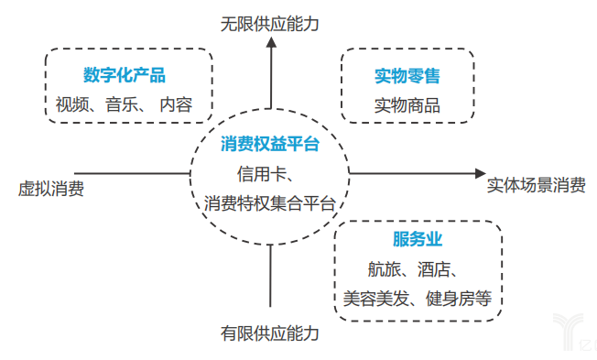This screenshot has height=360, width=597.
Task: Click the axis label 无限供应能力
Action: (x=270, y=24)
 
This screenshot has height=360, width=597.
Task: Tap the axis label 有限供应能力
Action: (x=270, y=333)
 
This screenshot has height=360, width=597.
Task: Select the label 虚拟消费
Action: (x=50, y=190)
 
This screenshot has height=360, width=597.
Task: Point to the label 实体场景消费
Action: (x=537, y=184)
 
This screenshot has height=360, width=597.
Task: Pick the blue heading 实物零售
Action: (x=407, y=75)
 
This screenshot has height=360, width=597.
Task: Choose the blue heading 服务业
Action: (x=418, y=240)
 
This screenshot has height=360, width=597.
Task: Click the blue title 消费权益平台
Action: (x=270, y=144)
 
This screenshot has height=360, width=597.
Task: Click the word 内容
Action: (x=176, y=105)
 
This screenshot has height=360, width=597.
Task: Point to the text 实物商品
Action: (x=407, y=105)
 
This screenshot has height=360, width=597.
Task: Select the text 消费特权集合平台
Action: (x=270, y=202)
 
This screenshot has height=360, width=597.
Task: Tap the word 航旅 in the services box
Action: (x=383, y=269)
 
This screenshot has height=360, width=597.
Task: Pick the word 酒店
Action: (x=436, y=269)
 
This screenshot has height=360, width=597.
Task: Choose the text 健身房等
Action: (x=460, y=298)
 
